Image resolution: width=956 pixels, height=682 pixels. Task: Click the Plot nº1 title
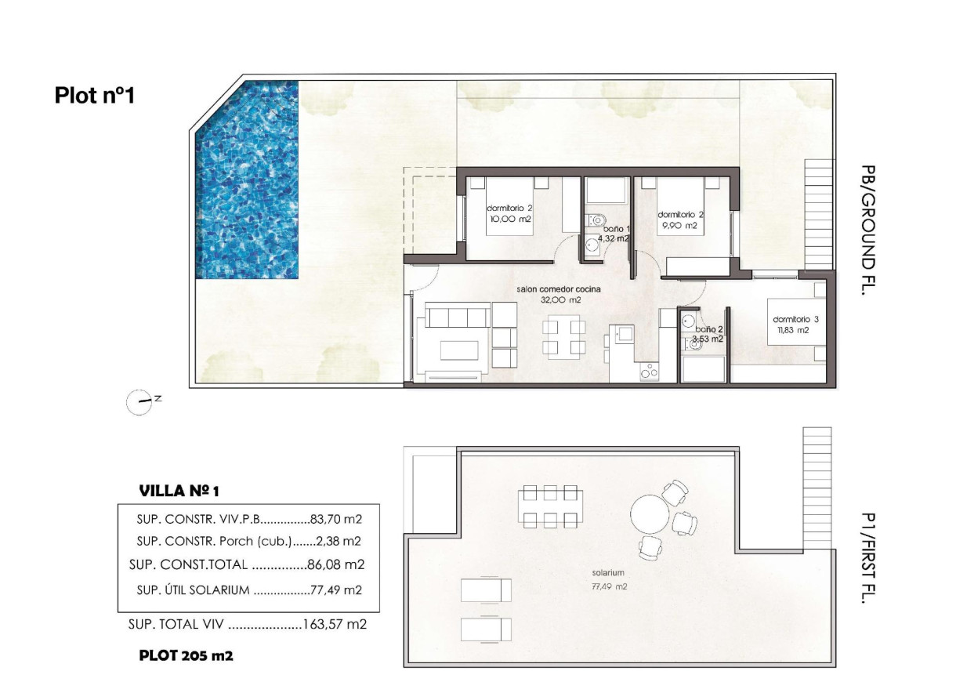95,96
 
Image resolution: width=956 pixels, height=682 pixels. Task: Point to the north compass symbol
139,401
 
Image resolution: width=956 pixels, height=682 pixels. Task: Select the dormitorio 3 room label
795,319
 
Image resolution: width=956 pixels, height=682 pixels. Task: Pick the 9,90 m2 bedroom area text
679,226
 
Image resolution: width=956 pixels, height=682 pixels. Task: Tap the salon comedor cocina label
549,289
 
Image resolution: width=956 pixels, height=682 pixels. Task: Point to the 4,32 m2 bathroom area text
614,239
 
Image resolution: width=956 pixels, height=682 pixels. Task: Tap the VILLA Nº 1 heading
179,491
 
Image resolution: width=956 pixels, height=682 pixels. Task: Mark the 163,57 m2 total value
335,625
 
